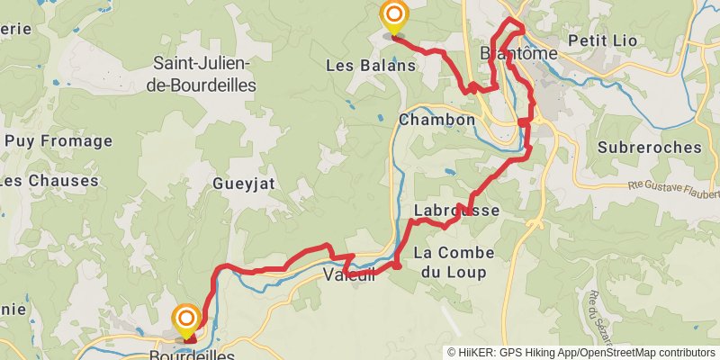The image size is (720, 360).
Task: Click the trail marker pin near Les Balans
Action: coord(393,17)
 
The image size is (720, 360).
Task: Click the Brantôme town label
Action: coord(519,55)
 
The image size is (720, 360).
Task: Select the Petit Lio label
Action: coord(604,40)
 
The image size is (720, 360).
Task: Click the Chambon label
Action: coord(436,120)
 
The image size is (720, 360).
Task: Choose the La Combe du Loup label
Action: coord(450,263)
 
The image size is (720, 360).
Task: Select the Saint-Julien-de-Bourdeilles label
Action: coord(204,75)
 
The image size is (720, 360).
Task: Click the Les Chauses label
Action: coord(49,181)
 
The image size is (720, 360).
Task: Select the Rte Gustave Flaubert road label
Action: coord(674,188)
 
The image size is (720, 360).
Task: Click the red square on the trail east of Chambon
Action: coord(525,122)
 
